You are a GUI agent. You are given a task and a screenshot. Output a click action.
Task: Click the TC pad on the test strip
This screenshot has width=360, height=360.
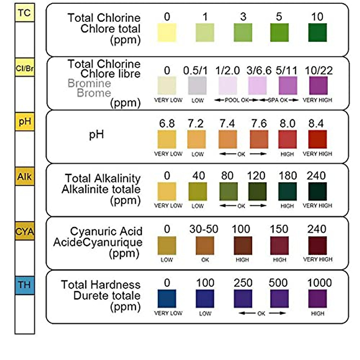(25, 13)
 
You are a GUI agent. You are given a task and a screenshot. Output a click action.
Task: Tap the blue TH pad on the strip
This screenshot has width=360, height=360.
(25, 285)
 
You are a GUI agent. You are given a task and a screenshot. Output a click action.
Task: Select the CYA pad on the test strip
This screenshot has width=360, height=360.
(25, 231)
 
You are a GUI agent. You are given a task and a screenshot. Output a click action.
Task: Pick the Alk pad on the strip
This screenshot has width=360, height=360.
(25, 177)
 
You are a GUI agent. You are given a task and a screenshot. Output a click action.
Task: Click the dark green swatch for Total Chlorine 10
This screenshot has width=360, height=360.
(317, 32)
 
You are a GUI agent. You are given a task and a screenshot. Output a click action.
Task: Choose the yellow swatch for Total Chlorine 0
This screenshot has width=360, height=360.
(167, 32)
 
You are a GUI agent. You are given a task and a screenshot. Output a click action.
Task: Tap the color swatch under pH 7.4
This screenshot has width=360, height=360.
(228, 139)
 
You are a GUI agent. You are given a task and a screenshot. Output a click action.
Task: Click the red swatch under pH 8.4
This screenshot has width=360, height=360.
(317, 139)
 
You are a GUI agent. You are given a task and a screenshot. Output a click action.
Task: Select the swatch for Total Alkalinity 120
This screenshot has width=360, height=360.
(257, 191)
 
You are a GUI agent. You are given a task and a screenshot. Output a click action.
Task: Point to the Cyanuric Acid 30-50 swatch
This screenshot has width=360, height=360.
(205, 245)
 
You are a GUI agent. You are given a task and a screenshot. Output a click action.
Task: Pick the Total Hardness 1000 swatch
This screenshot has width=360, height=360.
(317, 299)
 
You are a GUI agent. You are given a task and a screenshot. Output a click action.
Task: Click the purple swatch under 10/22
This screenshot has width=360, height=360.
(318, 85)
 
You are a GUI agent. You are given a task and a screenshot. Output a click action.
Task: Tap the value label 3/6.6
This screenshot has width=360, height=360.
(259, 71)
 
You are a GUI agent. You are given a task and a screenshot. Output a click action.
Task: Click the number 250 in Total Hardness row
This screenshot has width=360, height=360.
(243, 283)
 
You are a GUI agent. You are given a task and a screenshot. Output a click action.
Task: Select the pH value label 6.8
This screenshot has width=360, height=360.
(167, 124)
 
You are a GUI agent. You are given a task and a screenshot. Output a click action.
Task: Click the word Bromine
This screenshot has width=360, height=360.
(89, 83)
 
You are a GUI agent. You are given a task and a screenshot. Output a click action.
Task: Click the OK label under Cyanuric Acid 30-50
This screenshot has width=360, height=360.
(205, 260)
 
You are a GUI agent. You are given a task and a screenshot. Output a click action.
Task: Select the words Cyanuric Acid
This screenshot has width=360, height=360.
(106, 232)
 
